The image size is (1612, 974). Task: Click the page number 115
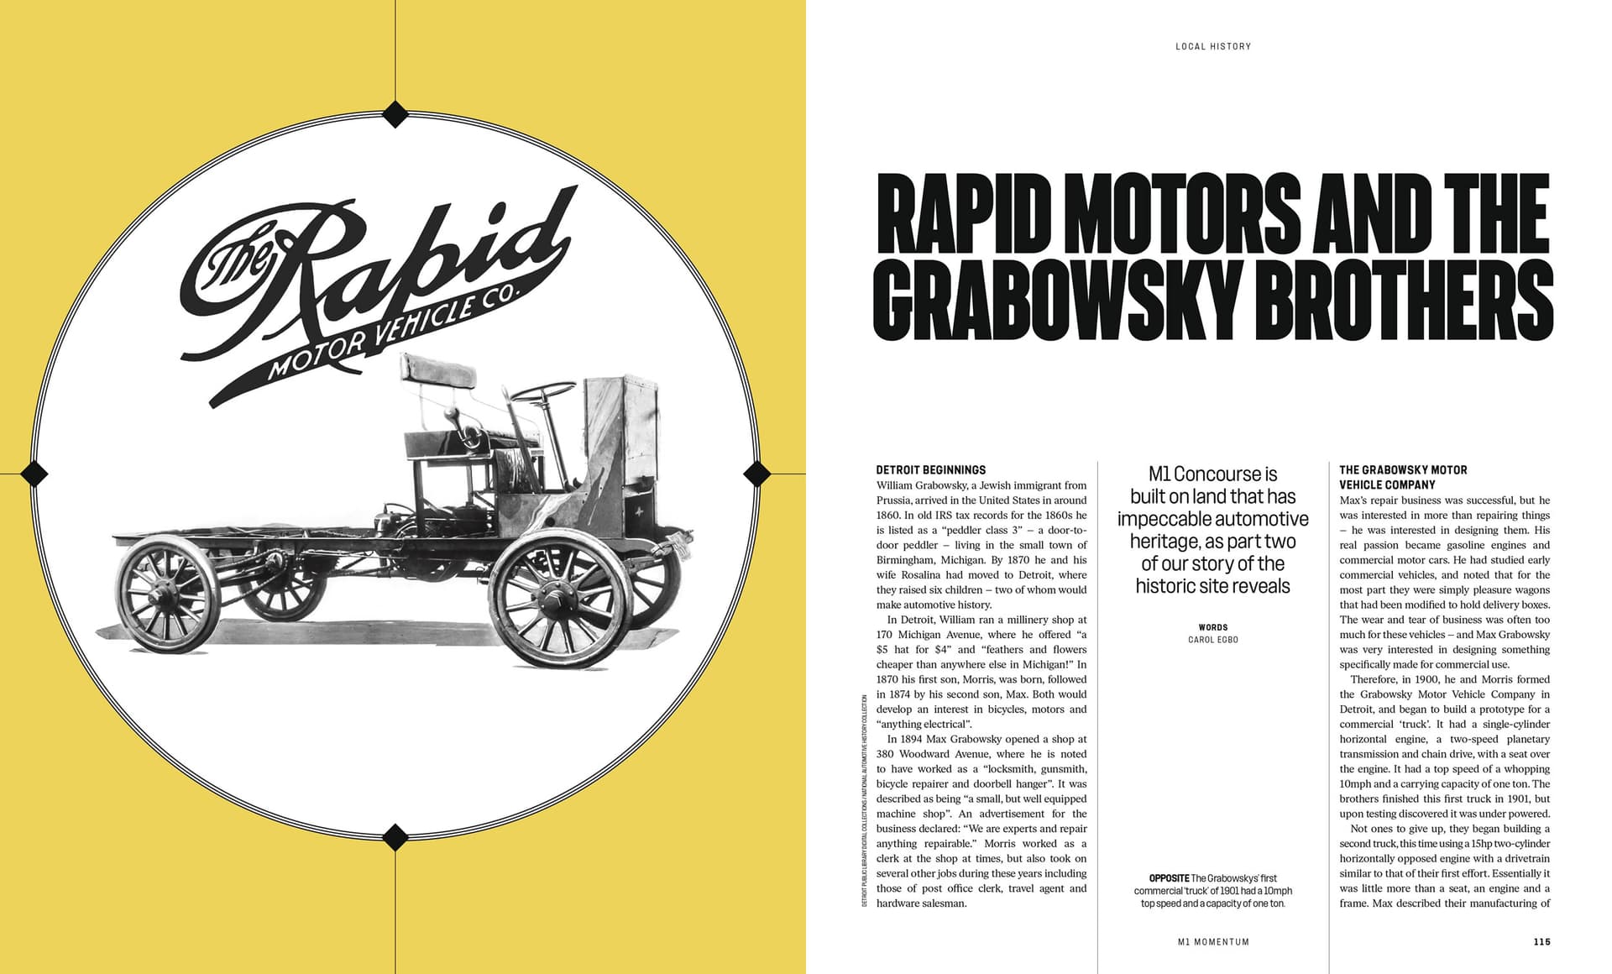1541,942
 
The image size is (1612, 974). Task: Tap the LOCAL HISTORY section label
1213,47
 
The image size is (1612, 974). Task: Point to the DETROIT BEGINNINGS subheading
930,470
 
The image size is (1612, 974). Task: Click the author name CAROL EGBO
1213,640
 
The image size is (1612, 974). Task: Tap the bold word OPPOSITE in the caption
1169,878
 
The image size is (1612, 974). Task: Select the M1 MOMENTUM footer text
1213,942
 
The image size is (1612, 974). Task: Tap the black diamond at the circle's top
395,113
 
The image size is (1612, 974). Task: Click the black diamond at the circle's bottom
395,836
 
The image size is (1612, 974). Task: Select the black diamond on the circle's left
34,474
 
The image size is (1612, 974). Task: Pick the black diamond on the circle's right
757,474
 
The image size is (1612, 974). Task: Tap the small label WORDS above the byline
1213,627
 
